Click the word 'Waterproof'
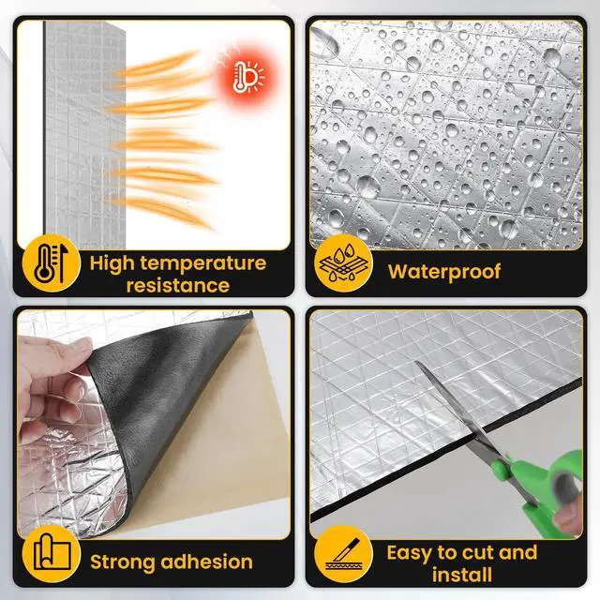click(x=445, y=272)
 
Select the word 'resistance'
click(x=177, y=285)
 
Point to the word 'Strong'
click(x=122, y=562)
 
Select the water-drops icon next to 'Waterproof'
click(x=342, y=267)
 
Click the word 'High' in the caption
click(x=114, y=262)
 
